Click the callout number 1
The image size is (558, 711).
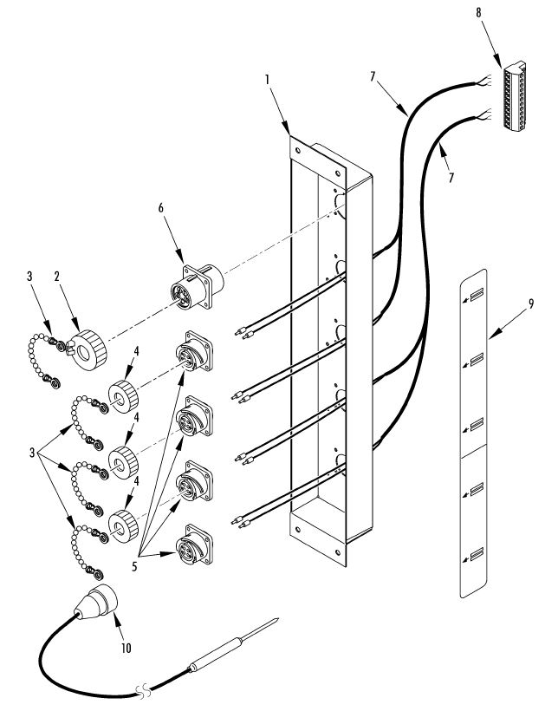[268, 80]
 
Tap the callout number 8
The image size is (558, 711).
[478, 12]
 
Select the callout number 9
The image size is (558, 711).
[531, 303]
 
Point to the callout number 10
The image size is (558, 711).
[126, 648]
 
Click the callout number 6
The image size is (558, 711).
[161, 208]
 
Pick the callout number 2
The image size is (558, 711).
[57, 277]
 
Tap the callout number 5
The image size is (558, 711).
[134, 566]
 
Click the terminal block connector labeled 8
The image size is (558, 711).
[515, 95]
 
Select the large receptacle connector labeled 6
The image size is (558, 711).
[198, 287]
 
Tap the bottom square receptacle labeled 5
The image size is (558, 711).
[194, 545]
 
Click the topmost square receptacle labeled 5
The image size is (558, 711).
[194, 351]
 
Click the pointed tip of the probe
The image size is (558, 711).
[277, 618]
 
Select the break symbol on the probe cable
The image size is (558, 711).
[143, 690]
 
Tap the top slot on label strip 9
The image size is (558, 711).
[477, 295]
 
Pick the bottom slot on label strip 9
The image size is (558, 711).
[477, 554]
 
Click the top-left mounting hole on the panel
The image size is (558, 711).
[298, 151]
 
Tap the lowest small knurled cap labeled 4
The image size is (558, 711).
[123, 526]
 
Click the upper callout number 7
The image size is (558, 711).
[373, 76]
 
